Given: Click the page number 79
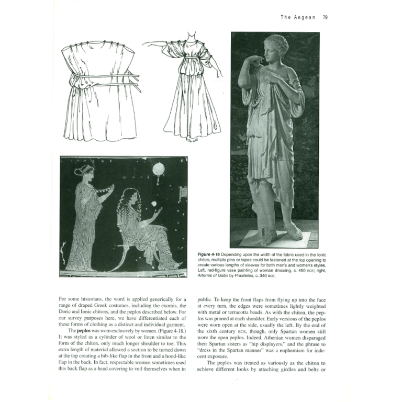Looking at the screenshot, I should click(325, 17).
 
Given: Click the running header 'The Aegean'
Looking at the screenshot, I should click(298, 17).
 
